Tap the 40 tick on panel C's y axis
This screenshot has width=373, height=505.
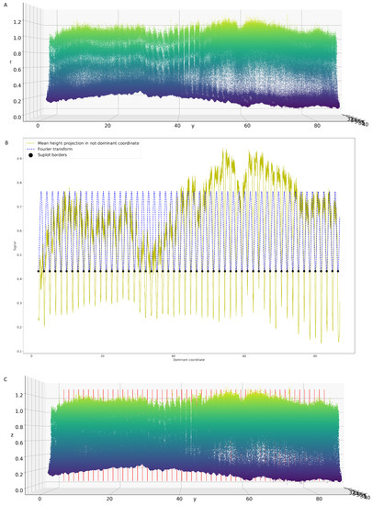point(178,499)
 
